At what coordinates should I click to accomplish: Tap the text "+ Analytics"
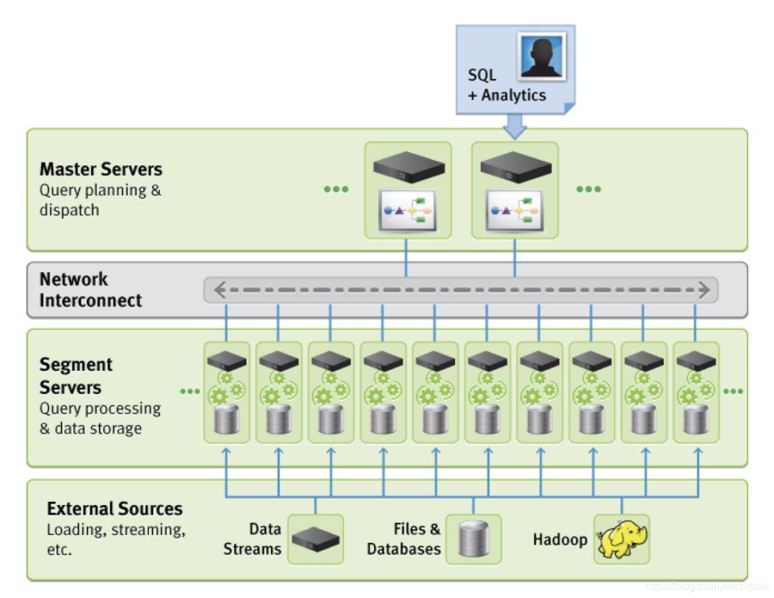[507, 95]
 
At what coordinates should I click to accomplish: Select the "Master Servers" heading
[101, 170]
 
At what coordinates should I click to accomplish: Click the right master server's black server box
[515, 168]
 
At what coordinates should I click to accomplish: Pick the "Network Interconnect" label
[91, 290]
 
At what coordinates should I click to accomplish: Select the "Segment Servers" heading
[76, 376]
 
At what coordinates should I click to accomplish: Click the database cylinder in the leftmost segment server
[226, 420]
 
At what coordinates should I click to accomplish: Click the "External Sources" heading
[115, 509]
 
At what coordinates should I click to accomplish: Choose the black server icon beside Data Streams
[315, 539]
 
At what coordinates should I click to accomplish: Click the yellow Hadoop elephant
[622, 539]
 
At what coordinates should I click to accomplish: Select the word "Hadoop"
[560, 539]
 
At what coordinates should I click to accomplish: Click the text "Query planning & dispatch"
[100, 201]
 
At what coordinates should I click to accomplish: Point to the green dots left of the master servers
[335, 189]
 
